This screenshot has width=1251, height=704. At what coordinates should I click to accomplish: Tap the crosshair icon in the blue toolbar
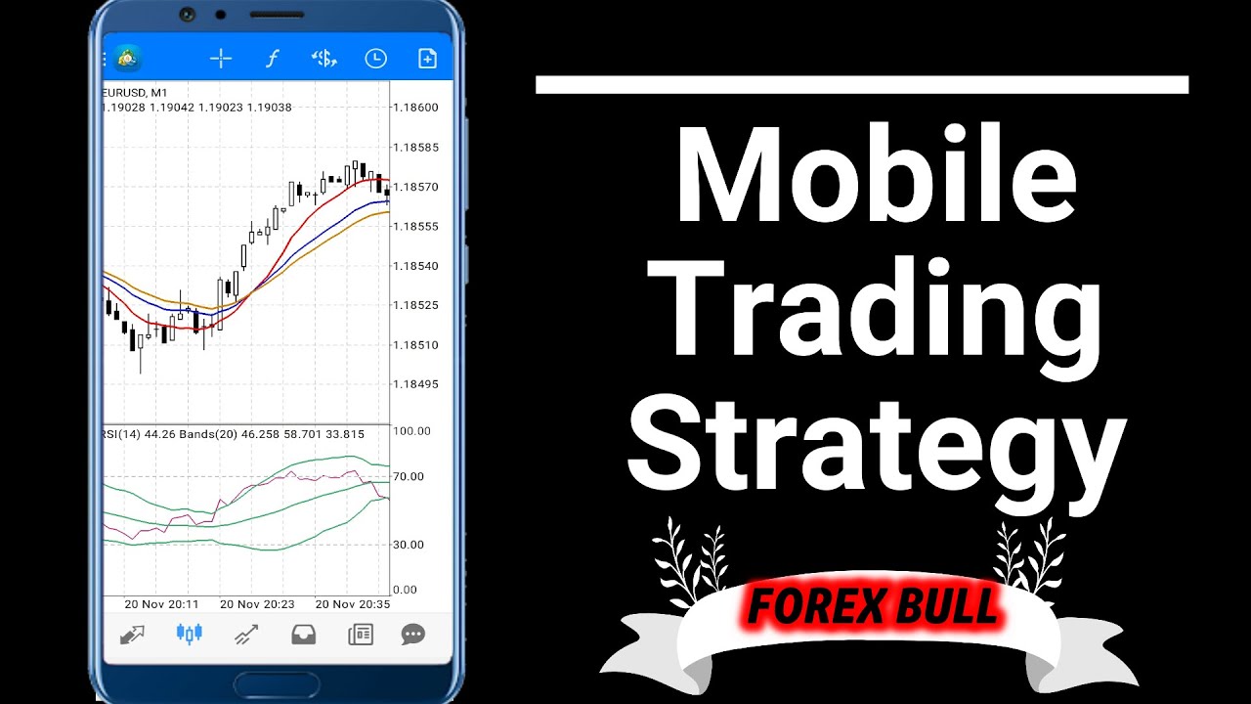click(221, 59)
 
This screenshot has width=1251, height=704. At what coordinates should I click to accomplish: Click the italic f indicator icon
click(272, 59)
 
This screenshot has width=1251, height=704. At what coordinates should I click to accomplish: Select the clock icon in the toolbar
click(375, 59)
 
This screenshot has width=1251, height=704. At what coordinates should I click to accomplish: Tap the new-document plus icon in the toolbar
click(427, 59)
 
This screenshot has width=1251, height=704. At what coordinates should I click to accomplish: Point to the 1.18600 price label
click(415, 108)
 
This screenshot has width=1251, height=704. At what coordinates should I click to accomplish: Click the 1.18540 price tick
click(415, 266)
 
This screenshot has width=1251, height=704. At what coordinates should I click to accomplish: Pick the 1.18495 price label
click(415, 384)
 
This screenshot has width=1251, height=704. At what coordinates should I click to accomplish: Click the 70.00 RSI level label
click(408, 477)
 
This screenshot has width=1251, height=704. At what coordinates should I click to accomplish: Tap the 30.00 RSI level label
click(408, 545)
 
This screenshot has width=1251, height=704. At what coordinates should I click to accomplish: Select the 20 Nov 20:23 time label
click(257, 604)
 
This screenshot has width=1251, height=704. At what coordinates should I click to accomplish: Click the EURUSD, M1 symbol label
click(136, 93)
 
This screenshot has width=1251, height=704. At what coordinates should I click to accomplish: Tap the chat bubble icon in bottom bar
click(413, 635)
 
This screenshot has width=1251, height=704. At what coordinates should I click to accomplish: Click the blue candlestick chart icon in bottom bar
click(189, 635)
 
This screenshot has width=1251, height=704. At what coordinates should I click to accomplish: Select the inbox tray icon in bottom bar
click(304, 635)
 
